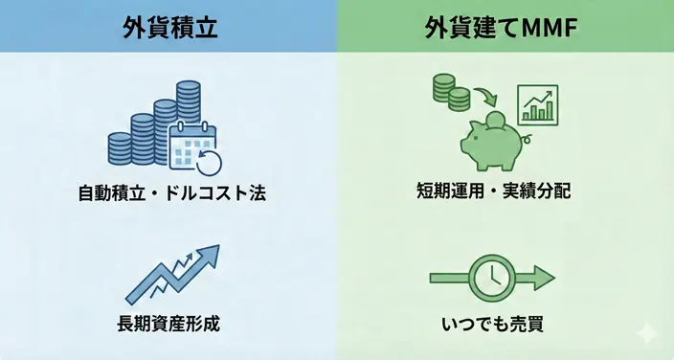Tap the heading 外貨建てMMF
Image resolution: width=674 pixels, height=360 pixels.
pos(505,27)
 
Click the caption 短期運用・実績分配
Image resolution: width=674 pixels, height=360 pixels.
pos(506,190)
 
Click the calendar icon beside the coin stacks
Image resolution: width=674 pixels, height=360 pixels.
pos(191,146)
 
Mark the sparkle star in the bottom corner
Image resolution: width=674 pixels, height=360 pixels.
pos(648,334)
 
